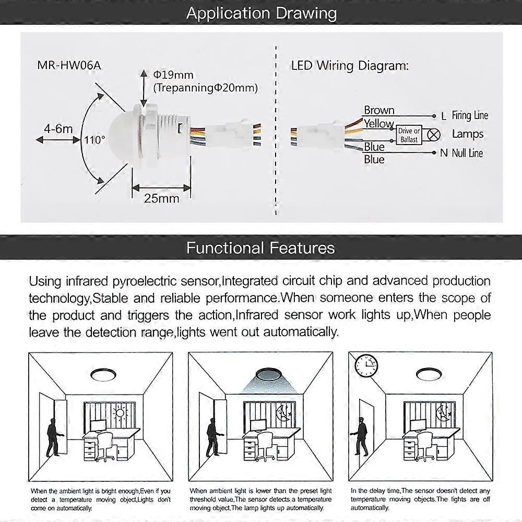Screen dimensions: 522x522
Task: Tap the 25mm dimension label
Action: pyautogui.click(x=161, y=198)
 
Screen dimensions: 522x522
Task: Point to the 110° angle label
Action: pyautogui.click(x=94, y=140)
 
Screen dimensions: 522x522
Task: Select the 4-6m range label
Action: pyautogui.click(x=58, y=128)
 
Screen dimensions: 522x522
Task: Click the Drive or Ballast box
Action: pyautogui.click(x=409, y=135)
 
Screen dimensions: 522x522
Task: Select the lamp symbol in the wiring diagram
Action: pyautogui.click(x=434, y=135)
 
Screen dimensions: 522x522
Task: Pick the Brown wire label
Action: pyautogui.click(x=379, y=110)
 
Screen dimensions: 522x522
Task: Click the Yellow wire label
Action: pyautogui.click(x=379, y=124)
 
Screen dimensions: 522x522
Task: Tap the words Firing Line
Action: pyautogui.click(x=470, y=115)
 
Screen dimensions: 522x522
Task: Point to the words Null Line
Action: pyautogui.click(x=467, y=153)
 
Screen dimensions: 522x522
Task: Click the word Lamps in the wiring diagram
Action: pyautogui.click(x=468, y=134)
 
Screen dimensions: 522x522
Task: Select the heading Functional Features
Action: pyautogui.click(x=260, y=247)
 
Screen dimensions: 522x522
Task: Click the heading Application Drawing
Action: pyautogui.click(x=261, y=13)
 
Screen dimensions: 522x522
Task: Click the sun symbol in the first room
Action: pyautogui.click(x=120, y=413)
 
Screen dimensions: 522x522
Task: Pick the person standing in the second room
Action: pyautogui.click(x=212, y=438)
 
